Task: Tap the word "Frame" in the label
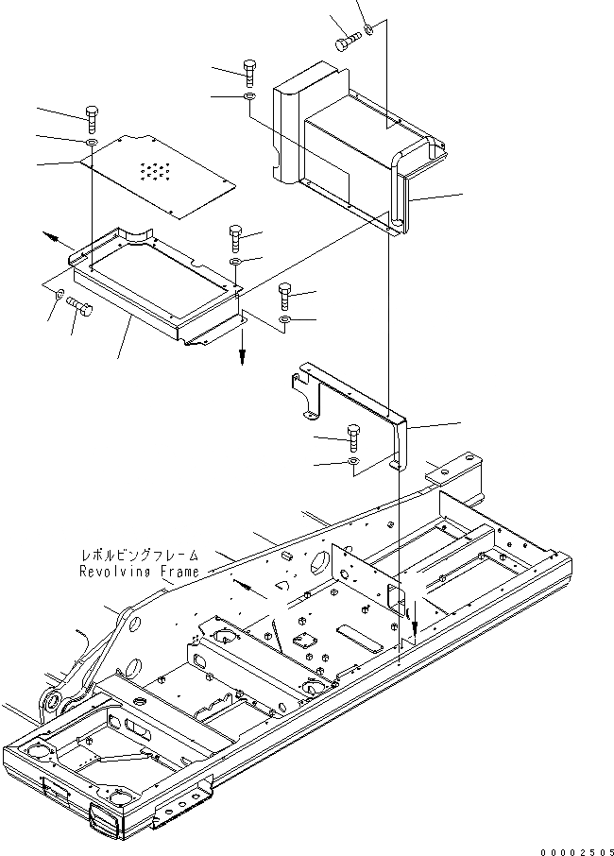tap(179, 573)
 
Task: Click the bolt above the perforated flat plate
tap(91, 118)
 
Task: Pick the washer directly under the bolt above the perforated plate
tap(91, 142)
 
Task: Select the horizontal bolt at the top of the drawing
tap(348, 42)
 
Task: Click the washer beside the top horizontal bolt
tap(370, 29)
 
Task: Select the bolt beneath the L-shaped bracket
tap(353, 437)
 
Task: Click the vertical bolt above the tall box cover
tap(249, 71)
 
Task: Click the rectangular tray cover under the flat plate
tap(156, 283)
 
